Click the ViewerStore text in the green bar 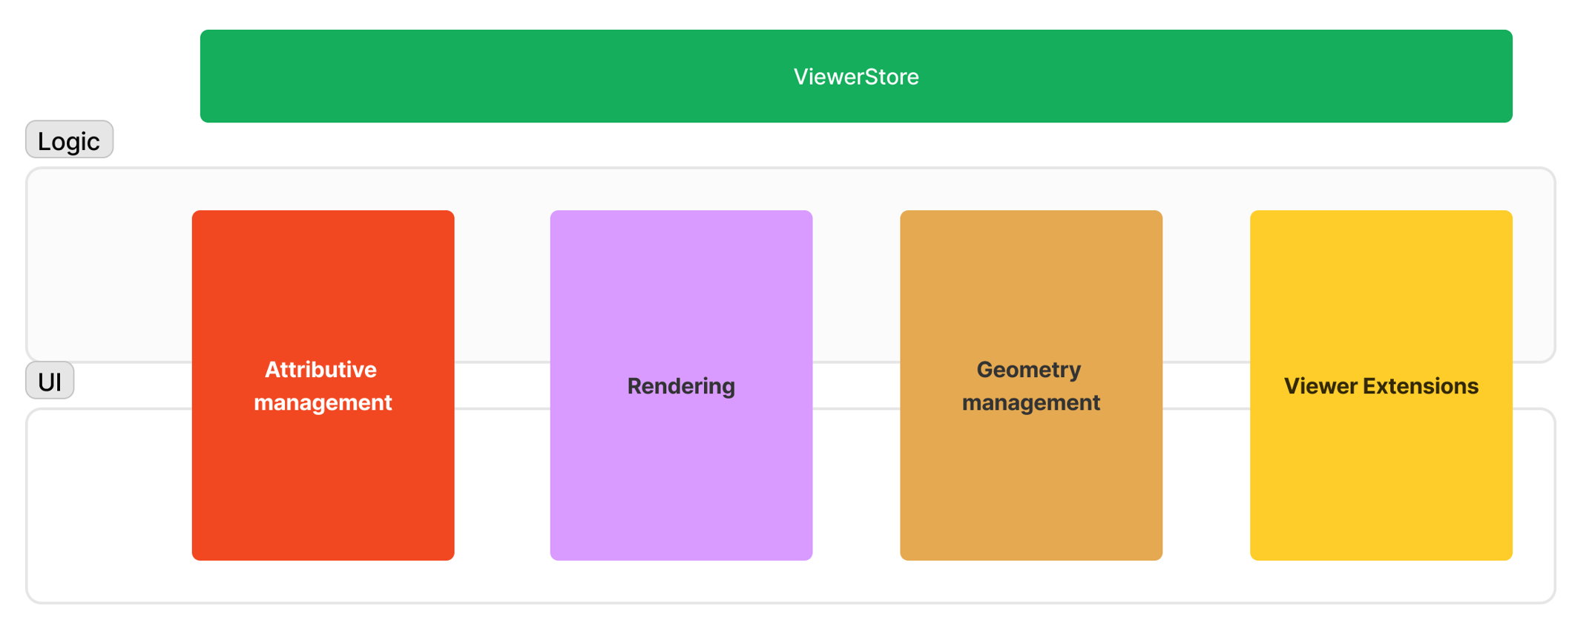pyautogui.click(x=855, y=77)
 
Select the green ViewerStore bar pyautogui.click(x=519, y=77)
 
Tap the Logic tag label pyautogui.click(x=69, y=140)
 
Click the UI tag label pyautogui.click(x=50, y=382)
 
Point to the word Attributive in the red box pyautogui.click(x=320, y=370)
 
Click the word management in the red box pyautogui.click(x=323, y=402)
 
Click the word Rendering pyautogui.click(x=680, y=386)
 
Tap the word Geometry pyautogui.click(x=1028, y=370)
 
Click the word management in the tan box pyautogui.click(x=1030, y=402)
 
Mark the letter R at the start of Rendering pyautogui.click(x=634, y=386)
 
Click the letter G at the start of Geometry pyautogui.click(x=985, y=370)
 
